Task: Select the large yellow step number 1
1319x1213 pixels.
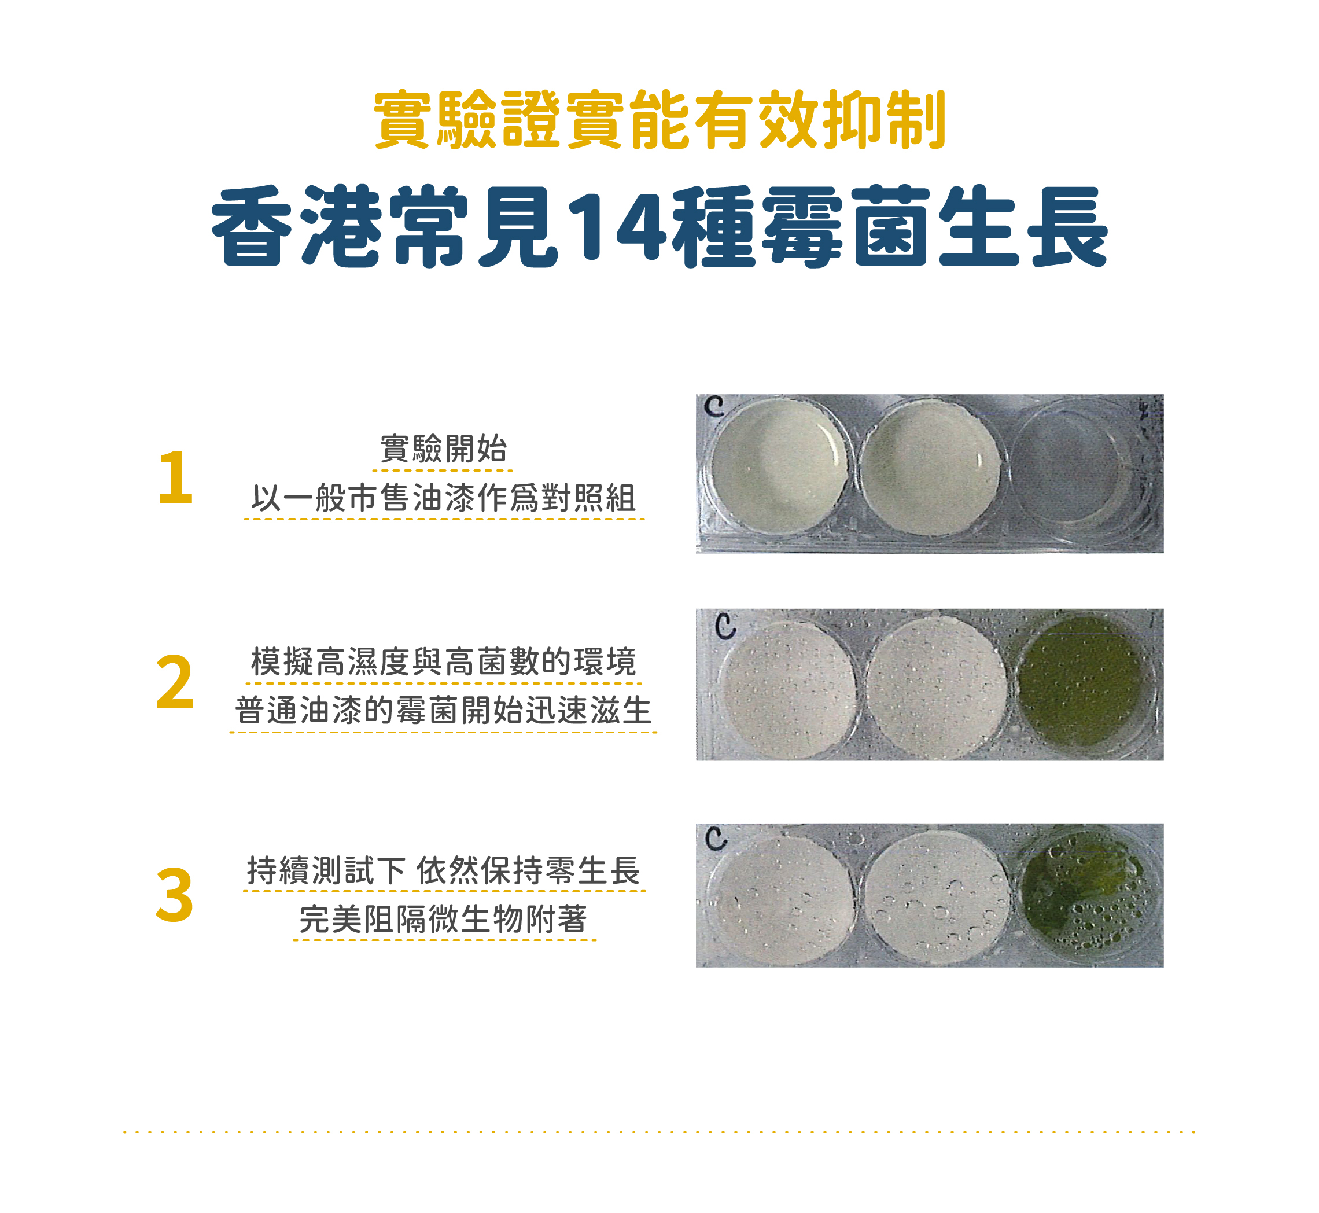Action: pos(175,477)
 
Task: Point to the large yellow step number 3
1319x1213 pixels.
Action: pos(175,895)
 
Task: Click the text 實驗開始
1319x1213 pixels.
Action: pos(443,449)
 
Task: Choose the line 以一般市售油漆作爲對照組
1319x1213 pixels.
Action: pos(444,498)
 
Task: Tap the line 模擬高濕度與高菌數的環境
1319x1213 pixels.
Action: pos(444,661)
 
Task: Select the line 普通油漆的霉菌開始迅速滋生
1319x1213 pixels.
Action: pos(444,710)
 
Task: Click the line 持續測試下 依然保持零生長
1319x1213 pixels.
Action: pos(444,870)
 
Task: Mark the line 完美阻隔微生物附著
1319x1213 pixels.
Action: pos(444,919)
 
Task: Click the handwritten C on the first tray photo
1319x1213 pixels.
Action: pos(714,406)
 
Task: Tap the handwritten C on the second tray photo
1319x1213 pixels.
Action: pos(725,626)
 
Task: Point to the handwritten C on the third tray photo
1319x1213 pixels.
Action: pos(716,839)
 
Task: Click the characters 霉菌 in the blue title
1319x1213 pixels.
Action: pos(846,226)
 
